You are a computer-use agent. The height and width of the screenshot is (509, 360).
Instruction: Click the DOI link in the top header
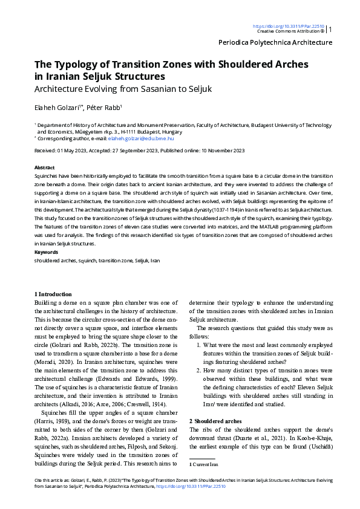288,26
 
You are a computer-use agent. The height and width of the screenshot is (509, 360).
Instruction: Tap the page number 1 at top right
330,29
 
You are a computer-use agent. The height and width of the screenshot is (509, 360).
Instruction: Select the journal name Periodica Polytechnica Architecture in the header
275,42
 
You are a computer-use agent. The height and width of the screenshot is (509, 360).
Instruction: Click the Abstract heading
45,167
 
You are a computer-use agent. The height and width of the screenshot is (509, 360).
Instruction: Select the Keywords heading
46,251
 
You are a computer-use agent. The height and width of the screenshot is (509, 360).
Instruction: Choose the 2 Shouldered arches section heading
215,420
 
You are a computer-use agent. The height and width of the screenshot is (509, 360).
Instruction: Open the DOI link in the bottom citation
191,486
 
